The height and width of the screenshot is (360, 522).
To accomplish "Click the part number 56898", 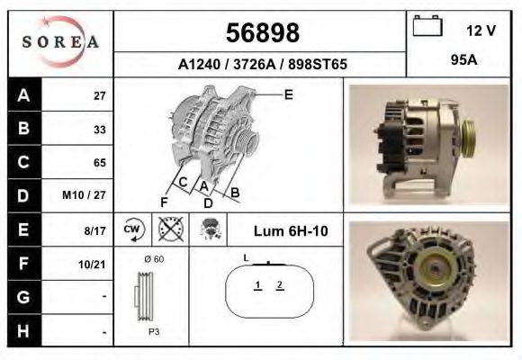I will point(261,33).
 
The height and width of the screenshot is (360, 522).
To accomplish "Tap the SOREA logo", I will point(59,42).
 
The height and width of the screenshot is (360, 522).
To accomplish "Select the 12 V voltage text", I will point(481,31).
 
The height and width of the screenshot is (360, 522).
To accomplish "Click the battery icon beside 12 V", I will point(427,28).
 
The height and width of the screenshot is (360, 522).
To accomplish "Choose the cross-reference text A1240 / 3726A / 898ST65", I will point(262,65).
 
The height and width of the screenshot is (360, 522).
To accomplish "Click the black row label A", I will point(23,95).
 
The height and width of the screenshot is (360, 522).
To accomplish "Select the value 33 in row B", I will point(99,129).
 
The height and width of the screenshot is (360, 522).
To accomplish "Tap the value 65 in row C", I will point(99,163).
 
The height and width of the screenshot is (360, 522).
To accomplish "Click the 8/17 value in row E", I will point(96,230).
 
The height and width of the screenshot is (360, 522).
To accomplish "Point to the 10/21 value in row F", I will point(94,265).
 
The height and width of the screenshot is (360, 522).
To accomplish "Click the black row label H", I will point(23,331).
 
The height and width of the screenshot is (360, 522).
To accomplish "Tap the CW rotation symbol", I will point(133,230).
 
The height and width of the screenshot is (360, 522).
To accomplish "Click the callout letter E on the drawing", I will point(288,94).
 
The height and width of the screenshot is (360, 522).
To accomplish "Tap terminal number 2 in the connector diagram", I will point(281,286).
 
